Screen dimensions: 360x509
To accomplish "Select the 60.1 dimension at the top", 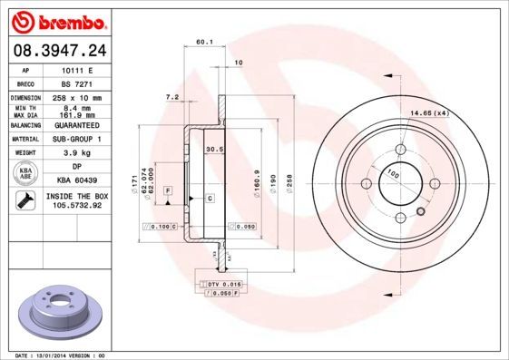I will (x=204, y=42).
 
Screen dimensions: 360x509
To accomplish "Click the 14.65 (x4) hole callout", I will (x=430, y=113).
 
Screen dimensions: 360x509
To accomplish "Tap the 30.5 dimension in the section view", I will (x=214, y=150).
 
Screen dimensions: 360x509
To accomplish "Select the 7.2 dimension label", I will (x=171, y=95).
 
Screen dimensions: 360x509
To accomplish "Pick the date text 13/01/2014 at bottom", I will (x=53, y=355).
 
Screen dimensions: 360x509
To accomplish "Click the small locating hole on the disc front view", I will (x=419, y=214).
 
